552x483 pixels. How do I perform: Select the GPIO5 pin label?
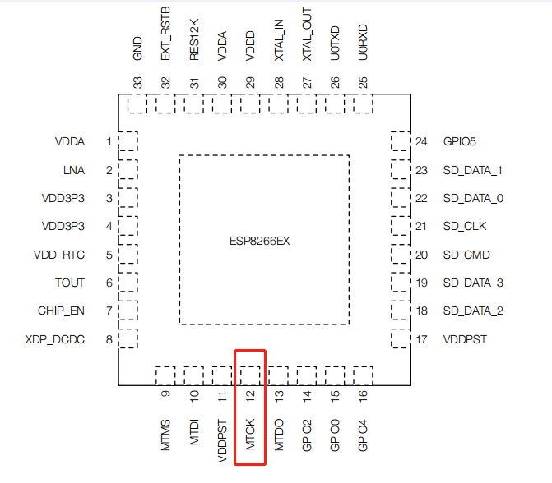(459, 141)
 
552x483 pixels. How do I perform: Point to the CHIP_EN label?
(61, 310)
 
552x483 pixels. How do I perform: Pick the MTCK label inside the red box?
(250, 436)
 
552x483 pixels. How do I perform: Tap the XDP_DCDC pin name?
(55, 339)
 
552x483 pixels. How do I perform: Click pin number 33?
(137, 82)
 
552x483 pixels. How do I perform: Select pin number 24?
(421, 141)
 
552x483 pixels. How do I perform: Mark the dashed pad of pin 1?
(128, 141)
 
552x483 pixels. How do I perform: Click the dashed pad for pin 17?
(400, 338)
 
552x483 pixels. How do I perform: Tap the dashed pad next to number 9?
(166, 375)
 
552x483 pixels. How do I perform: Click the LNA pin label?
(73, 170)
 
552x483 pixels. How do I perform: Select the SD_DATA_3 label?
(472, 283)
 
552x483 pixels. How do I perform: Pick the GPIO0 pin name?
(335, 435)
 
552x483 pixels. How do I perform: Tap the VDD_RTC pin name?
(58, 255)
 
